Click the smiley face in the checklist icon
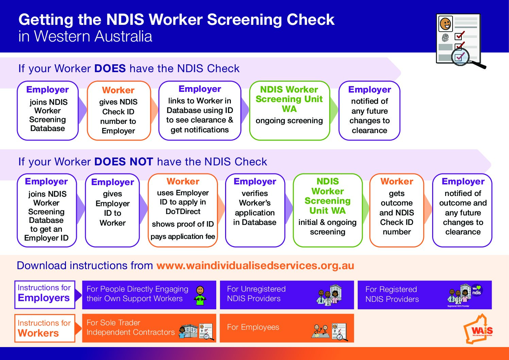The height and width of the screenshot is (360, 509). pyautogui.click(x=445, y=23)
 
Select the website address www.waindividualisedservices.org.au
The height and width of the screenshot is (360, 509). pyautogui.click(x=255, y=265)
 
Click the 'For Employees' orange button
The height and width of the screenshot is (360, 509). pyautogui.click(x=287, y=328)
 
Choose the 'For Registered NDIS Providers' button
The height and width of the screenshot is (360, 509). pyautogui.click(x=424, y=295)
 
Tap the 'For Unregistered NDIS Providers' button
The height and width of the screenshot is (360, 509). pyautogui.click(x=287, y=295)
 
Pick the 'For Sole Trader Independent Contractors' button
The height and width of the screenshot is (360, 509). pyautogui.click(x=149, y=328)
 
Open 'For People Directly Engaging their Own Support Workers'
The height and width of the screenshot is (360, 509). pyautogui.click(x=149, y=295)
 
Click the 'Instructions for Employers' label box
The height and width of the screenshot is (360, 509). pyautogui.click(x=45, y=295)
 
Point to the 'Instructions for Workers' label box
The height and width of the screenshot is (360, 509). pyautogui.click(x=45, y=328)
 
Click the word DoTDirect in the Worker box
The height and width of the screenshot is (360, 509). pyautogui.click(x=183, y=212)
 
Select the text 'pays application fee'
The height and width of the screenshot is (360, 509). pyautogui.click(x=183, y=236)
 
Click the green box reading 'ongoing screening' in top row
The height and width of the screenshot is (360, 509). pyautogui.click(x=289, y=111)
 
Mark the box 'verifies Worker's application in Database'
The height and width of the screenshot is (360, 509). pyautogui.click(x=255, y=210)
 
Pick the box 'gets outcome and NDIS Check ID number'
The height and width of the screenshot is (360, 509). pyautogui.click(x=396, y=210)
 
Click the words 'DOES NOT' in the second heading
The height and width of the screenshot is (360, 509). pyautogui.click(x=124, y=162)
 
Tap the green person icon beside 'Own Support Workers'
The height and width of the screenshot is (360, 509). pyautogui.click(x=200, y=295)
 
